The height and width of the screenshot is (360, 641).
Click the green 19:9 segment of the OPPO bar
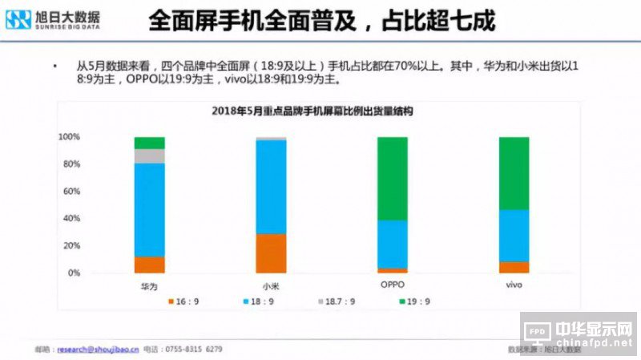click(x=392, y=178)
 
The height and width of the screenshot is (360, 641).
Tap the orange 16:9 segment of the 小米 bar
click(x=271, y=253)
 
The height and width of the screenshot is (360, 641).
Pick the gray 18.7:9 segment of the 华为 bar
click(x=150, y=156)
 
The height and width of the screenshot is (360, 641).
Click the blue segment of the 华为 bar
click(x=150, y=210)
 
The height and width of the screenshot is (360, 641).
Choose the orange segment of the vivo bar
click(x=514, y=267)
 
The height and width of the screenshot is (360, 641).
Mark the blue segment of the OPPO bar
click(x=392, y=244)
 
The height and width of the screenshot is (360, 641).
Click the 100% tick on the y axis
click(x=69, y=137)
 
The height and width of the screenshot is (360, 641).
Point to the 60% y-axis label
click(x=71, y=192)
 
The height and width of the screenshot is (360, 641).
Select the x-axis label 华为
click(x=148, y=285)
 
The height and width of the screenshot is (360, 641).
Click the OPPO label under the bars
click(x=392, y=285)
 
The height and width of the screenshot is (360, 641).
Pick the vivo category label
click(x=514, y=285)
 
